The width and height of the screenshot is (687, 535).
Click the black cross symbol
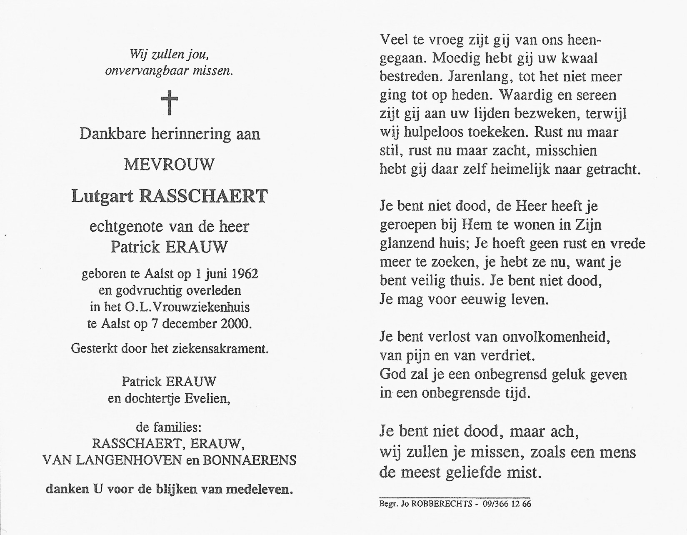(x=170, y=103)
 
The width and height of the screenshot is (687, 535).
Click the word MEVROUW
(x=169, y=165)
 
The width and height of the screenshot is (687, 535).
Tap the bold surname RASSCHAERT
(x=204, y=196)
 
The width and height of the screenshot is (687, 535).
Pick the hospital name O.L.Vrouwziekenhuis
(x=187, y=307)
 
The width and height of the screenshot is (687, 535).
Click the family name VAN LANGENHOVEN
(x=112, y=460)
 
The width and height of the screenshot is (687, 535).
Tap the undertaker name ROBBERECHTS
(x=441, y=504)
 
